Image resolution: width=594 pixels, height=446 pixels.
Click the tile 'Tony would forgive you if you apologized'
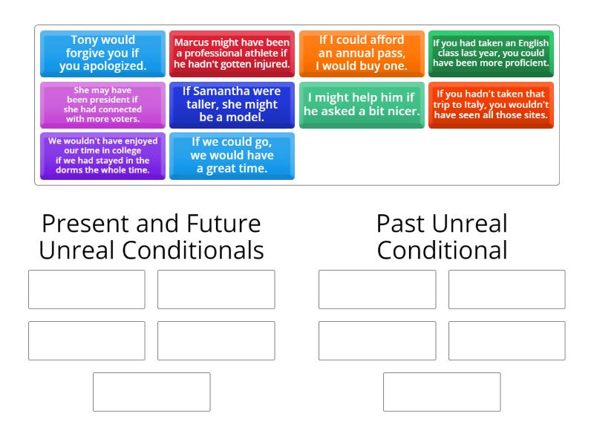click(102, 54)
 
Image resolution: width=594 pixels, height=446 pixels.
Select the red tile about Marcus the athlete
click(232, 54)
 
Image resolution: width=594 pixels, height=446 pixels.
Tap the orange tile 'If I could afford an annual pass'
click(362, 54)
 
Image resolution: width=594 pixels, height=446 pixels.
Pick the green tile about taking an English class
click(491, 54)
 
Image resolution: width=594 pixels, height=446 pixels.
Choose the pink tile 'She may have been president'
click(102, 105)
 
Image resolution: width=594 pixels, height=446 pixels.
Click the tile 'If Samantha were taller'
click(232, 105)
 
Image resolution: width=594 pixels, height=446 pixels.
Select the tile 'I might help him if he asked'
click(362, 105)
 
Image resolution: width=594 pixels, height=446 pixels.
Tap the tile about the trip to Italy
click(491, 105)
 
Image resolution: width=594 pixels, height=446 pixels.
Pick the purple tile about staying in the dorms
click(102, 156)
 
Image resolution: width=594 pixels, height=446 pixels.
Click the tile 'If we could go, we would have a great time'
click(232, 156)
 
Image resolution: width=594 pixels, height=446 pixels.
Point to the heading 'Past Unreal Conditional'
click(442, 236)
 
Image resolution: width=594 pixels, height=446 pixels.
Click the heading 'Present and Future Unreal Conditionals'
click(151, 236)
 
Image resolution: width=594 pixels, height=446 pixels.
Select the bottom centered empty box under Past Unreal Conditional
click(442, 392)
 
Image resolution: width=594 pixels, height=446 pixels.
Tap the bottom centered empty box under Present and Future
click(151, 392)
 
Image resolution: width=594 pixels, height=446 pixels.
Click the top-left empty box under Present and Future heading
click(87, 289)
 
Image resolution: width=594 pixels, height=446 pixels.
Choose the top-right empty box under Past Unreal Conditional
click(506, 289)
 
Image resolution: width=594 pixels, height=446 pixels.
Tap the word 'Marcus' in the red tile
click(192, 42)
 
